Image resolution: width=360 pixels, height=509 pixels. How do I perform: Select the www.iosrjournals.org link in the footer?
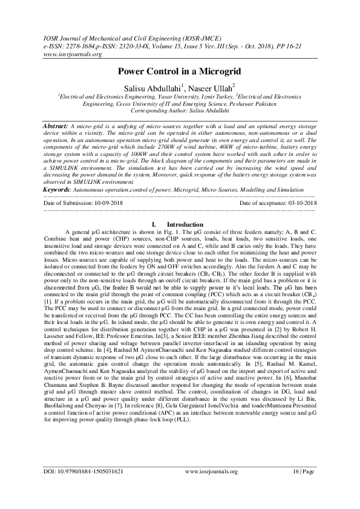(x=211, y=488)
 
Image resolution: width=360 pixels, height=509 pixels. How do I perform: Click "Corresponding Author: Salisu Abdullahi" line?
(x=180, y=111)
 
